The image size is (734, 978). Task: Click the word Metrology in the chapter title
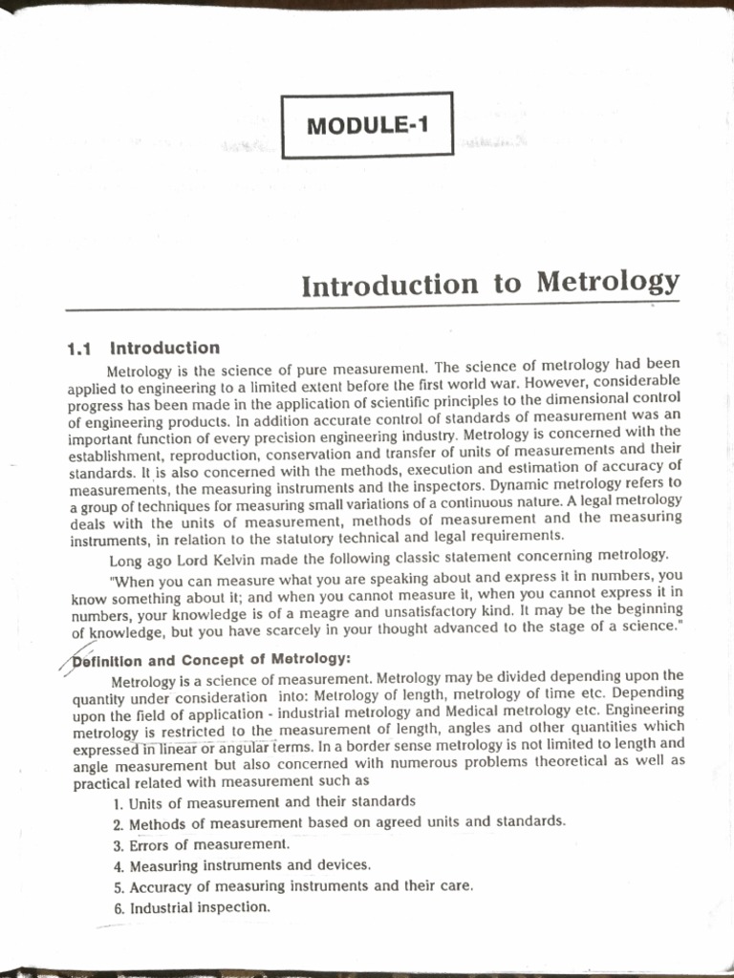tap(608, 282)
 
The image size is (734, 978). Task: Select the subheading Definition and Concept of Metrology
tap(211, 659)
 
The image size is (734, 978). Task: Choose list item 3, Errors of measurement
tap(201, 844)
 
